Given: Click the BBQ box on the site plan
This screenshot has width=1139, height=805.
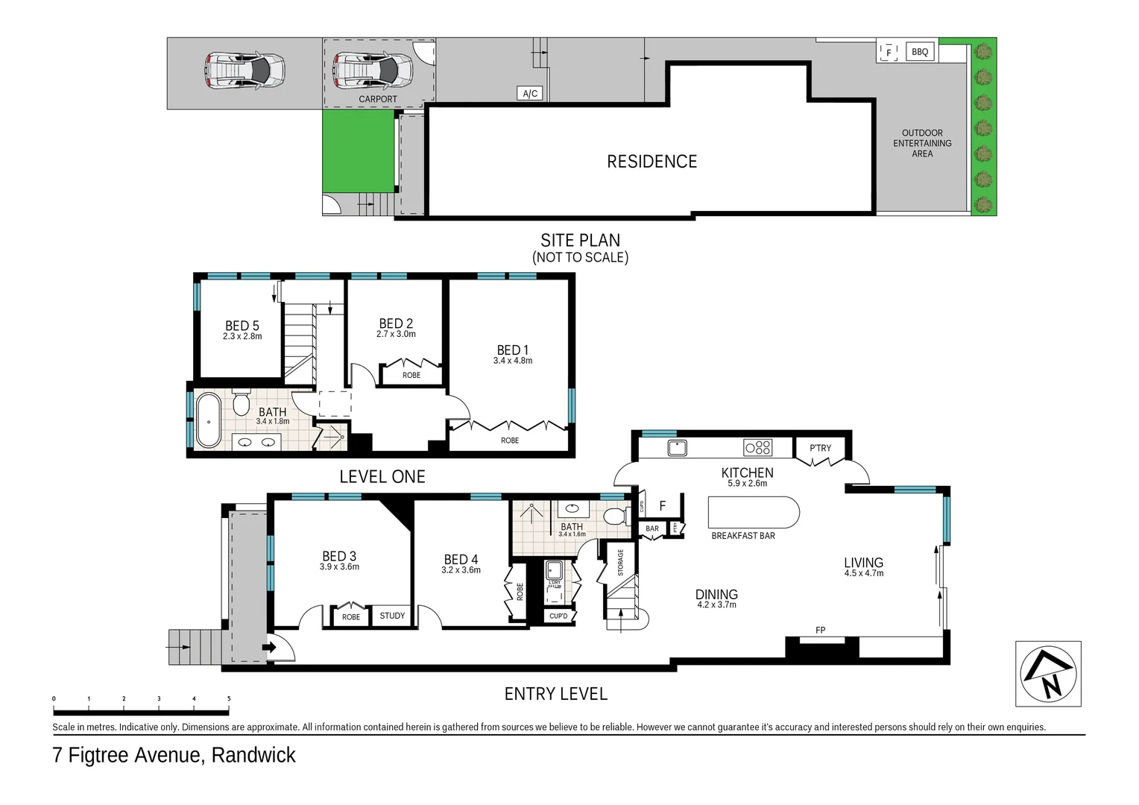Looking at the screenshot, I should point(920,51).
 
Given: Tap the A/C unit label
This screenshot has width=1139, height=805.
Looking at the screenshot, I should point(530,93).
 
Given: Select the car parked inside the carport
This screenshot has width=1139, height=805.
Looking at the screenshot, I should point(373,69).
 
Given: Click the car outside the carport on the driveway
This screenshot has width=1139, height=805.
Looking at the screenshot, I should point(245,70).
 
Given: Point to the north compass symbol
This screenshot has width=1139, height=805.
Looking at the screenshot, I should point(1048,673).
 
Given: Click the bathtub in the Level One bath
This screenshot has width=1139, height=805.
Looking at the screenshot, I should point(209,420).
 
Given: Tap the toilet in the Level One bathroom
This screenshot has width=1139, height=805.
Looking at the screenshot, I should point(241,403).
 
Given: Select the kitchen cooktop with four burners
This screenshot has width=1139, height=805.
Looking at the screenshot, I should point(758,447).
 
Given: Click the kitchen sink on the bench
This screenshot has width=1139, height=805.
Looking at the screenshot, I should point(677,447).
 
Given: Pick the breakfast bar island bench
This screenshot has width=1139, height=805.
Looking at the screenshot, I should point(753,513).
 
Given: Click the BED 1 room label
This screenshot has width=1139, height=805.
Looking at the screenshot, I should point(513,350).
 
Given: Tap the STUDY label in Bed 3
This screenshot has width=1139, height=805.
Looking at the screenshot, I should point(392,616).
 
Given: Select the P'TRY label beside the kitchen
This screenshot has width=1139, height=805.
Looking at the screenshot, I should point(820,448).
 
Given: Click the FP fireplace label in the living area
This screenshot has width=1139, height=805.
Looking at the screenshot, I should point(820,630).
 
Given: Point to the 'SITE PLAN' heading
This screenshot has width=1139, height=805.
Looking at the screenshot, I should point(580,240).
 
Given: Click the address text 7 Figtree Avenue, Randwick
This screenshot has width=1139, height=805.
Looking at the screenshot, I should point(174,755).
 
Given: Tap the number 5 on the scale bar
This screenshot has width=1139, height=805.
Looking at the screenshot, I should point(229,699).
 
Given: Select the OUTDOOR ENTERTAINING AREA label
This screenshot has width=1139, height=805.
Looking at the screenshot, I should point(922,143).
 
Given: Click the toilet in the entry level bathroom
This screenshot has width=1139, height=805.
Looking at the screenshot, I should point(615,516).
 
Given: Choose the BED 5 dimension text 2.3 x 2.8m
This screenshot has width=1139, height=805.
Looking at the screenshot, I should point(242,336).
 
